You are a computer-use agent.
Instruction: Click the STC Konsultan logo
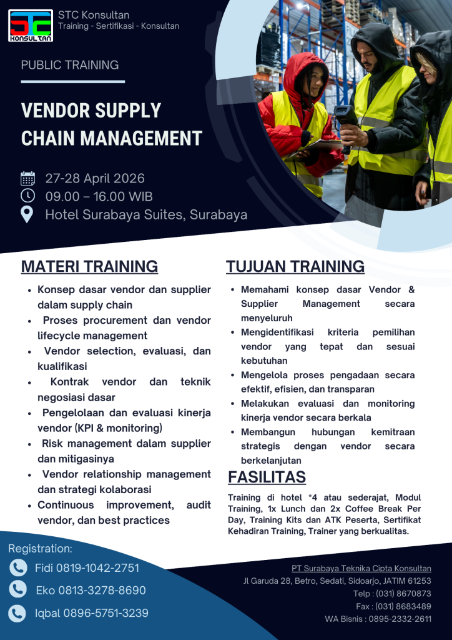[x=31, y=25]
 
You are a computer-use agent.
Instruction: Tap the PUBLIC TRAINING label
[x=69, y=65]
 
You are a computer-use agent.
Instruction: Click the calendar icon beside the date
[x=28, y=179]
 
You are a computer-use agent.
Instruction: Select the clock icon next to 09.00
[x=28, y=196]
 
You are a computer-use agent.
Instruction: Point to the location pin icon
[x=27, y=214]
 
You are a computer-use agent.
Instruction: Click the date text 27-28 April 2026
[x=95, y=179]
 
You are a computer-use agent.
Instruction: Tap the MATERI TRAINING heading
[x=89, y=266]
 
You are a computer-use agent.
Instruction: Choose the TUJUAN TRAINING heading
[x=295, y=266]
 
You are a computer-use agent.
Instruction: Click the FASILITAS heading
[x=267, y=477]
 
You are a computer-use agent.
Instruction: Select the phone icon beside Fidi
[x=18, y=567]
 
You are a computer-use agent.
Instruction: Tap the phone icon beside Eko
[x=18, y=590]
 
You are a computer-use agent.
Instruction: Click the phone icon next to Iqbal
[x=18, y=613]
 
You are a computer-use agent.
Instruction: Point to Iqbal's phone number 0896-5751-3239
[x=106, y=613]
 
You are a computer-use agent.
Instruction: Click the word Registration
[x=40, y=549]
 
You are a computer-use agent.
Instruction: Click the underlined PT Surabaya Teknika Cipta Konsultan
[x=361, y=568]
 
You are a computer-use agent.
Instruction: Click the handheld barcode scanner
[x=345, y=119]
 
